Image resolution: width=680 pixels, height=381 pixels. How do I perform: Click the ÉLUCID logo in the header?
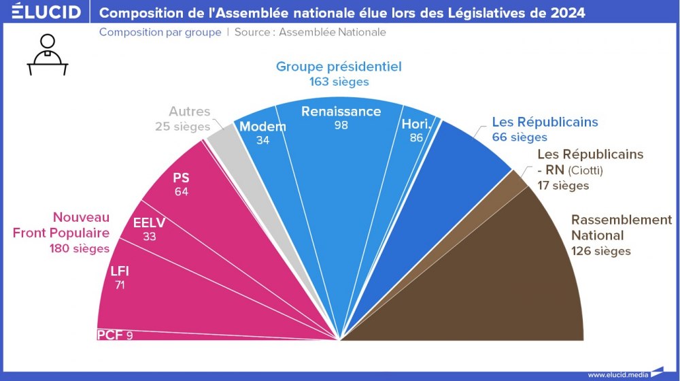pos(46,13)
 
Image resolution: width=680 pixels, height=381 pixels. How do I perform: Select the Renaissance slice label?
pos(341,112)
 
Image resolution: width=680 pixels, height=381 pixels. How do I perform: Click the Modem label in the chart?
pos(262,127)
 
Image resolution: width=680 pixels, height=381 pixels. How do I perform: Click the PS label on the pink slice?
pos(181,178)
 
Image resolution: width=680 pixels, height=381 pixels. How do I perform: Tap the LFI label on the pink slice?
pos(120,271)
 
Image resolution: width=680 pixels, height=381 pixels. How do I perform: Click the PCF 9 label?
pos(115,335)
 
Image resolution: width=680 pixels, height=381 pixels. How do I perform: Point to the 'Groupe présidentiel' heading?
pos(339,67)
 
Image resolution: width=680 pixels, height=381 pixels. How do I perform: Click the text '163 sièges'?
pos(339,82)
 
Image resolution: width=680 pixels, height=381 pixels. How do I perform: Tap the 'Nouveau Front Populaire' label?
pos(61,225)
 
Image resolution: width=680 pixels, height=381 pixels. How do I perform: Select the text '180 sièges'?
pos(80,248)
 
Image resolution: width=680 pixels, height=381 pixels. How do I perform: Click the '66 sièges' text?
pos(519,137)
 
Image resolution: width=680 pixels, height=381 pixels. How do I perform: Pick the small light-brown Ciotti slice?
pos(517,182)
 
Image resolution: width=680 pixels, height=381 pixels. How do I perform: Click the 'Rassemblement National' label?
pos(621,228)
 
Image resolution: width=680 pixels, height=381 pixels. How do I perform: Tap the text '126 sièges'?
pos(600,251)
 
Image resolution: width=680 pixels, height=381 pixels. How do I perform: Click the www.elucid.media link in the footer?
pos(617,374)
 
